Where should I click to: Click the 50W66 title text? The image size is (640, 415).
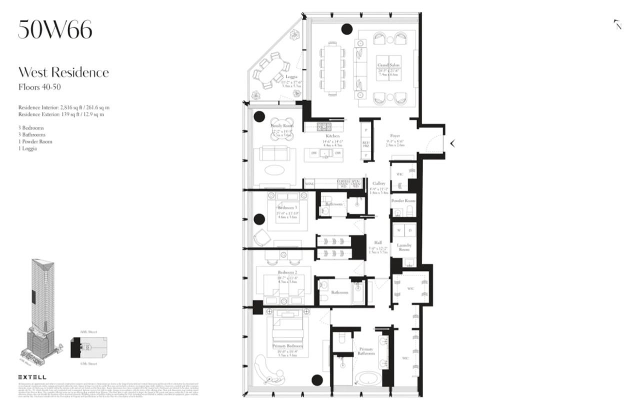tap(55, 29)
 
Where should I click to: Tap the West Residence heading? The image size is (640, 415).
tap(63, 72)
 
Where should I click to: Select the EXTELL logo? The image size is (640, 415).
tap(32, 377)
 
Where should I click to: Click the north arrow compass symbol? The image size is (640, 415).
tap(618, 24)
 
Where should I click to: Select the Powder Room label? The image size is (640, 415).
tap(403, 200)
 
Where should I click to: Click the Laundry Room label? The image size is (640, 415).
tap(404, 247)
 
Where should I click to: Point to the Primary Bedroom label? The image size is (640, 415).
tap(287, 346)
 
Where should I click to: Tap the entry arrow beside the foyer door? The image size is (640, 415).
tap(452, 143)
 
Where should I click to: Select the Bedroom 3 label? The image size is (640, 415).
tap(287, 207)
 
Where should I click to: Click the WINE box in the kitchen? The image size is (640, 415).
tap(308, 184)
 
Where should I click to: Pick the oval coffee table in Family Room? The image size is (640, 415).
tap(276, 169)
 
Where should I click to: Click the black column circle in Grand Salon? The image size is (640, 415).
tap(346, 29)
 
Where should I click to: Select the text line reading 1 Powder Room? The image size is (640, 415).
tap(35, 141)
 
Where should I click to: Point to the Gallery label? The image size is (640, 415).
tap(378, 183)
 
